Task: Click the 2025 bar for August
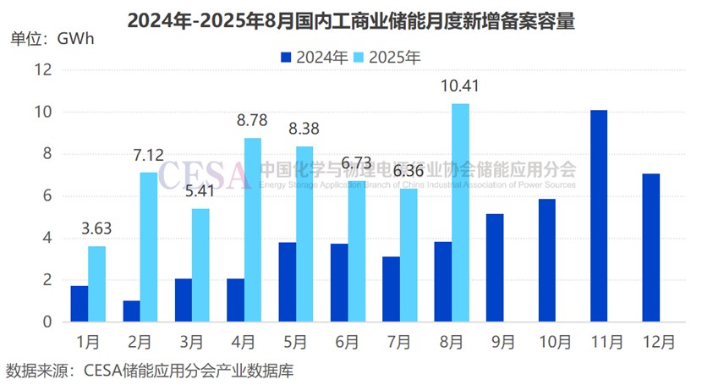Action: click(460, 212)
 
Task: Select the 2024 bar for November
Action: click(598, 216)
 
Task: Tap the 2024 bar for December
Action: click(650, 248)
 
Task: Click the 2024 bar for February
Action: click(131, 311)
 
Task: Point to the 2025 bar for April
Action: click(253, 230)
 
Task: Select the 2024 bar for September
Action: click(495, 267)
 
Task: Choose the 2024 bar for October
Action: click(546, 261)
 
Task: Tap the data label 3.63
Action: click(97, 228)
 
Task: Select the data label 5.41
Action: click(201, 190)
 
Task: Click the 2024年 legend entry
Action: click(314, 58)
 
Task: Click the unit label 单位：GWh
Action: click(52, 38)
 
